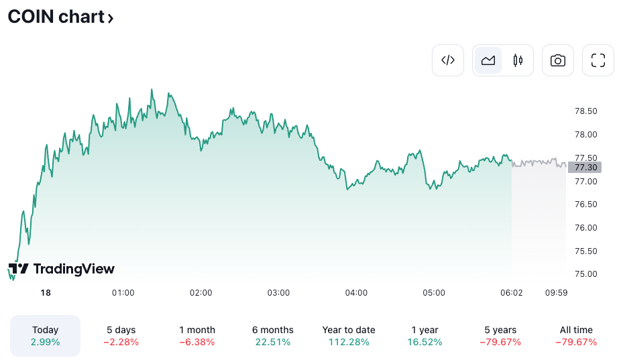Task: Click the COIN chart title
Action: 60,17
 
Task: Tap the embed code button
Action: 448,60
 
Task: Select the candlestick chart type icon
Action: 518,60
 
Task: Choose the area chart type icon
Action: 488,60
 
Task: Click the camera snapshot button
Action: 557,60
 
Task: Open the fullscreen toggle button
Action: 598,60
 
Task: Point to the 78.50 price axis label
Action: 586,111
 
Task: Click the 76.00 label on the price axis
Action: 586,228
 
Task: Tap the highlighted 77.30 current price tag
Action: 585,167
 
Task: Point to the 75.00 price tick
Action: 586,274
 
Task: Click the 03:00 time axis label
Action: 278,293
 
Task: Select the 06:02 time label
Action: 512,293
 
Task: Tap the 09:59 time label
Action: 557,293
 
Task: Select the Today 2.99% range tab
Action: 46,336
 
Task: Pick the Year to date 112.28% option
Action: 349,336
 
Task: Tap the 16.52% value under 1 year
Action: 425,342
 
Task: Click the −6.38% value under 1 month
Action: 197,342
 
